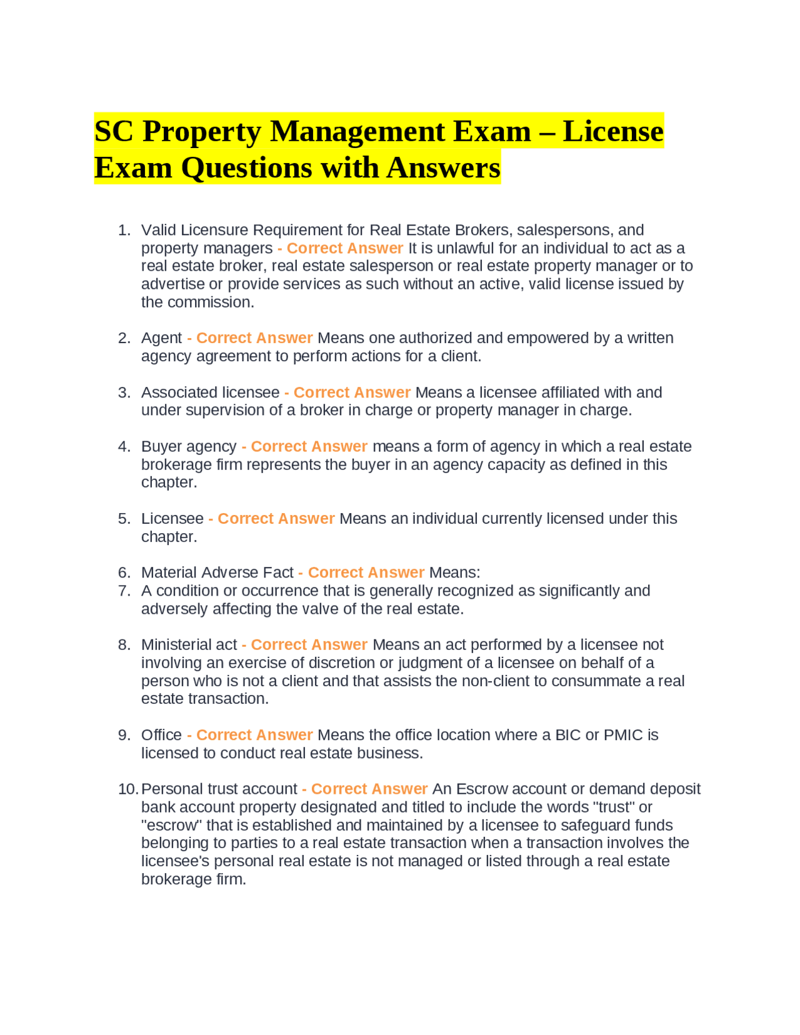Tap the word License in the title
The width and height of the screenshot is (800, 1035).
[x=612, y=132]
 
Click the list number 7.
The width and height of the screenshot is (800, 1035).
[x=124, y=591]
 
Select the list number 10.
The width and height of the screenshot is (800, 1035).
[x=127, y=789]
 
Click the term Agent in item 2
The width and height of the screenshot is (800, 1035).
[x=161, y=338]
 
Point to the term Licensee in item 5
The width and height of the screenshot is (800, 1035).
[x=172, y=519]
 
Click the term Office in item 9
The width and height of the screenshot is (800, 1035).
[x=161, y=735]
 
